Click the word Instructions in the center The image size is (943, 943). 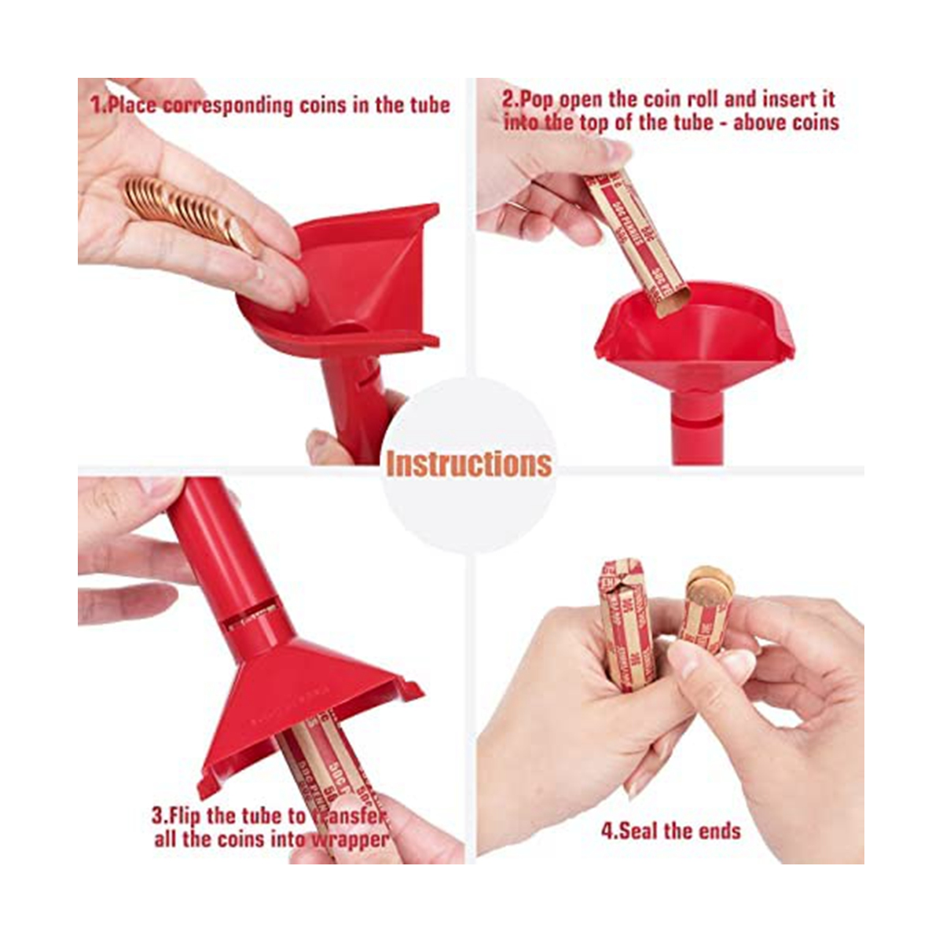click(x=468, y=464)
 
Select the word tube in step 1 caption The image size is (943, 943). click(x=425, y=105)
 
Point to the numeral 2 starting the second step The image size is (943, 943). click(x=508, y=100)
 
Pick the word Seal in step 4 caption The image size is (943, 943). click(x=640, y=831)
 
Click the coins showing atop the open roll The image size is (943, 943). click(x=709, y=585)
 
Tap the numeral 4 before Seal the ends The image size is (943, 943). click(x=607, y=831)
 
